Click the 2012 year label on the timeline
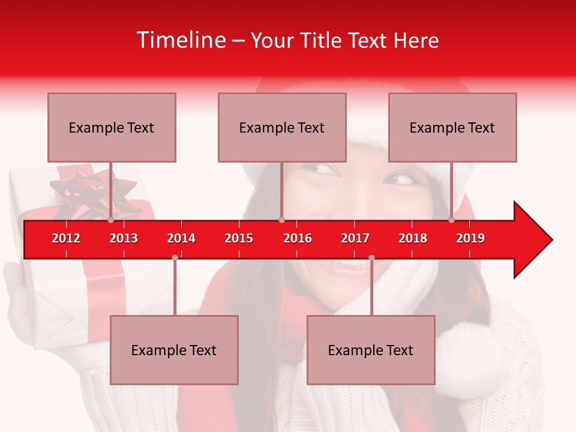(x=66, y=238)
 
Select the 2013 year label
(x=124, y=238)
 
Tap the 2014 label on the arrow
(x=181, y=238)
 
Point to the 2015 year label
(x=239, y=238)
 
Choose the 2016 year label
(x=298, y=238)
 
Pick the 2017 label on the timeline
(x=355, y=238)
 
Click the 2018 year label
(x=413, y=238)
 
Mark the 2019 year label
(x=470, y=238)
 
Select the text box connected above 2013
(x=112, y=127)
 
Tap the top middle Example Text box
(x=282, y=127)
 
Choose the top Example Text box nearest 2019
(x=452, y=127)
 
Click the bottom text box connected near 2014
(x=174, y=350)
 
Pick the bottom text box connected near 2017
(x=371, y=350)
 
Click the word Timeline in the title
(x=181, y=40)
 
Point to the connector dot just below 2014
(x=175, y=257)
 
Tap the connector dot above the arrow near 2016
(x=281, y=220)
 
